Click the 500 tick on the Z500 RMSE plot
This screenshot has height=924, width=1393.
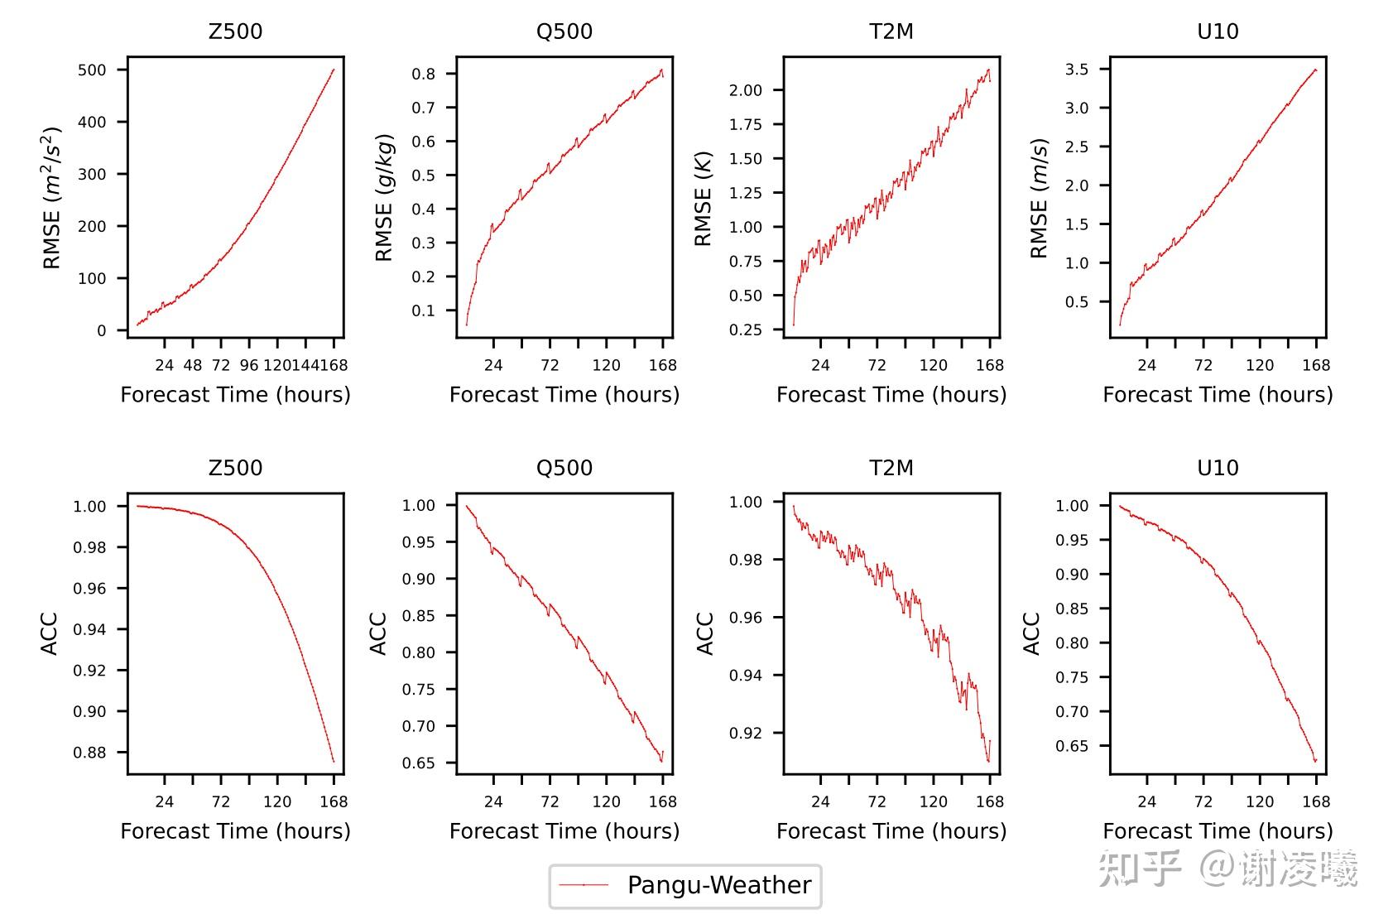coord(92,70)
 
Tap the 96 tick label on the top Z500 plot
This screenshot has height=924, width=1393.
coord(249,365)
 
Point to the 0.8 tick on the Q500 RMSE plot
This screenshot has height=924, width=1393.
coord(424,74)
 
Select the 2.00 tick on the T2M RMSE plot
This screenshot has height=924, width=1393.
coord(746,90)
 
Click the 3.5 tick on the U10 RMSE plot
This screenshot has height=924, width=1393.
coord(1077,70)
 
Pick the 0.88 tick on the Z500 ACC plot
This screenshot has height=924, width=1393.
coord(89,753)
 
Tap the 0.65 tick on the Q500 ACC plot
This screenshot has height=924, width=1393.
coord(419,763)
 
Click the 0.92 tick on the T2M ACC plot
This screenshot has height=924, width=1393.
coord(746,733)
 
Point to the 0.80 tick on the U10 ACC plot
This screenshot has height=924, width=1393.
coord(1072,642)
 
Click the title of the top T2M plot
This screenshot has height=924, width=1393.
coord(891,31)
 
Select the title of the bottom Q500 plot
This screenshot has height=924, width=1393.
coord(564,468)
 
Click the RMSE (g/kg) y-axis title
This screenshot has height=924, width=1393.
coord(384,197)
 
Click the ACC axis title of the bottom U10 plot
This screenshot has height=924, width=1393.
coord(1031,634)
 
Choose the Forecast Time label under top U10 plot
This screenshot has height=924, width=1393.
coord(1218,394)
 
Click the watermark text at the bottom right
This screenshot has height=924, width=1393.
coord(1228,869)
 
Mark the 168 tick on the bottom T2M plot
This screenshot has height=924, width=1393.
coord(990,801)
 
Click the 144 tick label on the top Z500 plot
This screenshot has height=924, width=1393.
coord(305,365)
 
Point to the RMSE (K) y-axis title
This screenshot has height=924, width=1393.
coord(703,199)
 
